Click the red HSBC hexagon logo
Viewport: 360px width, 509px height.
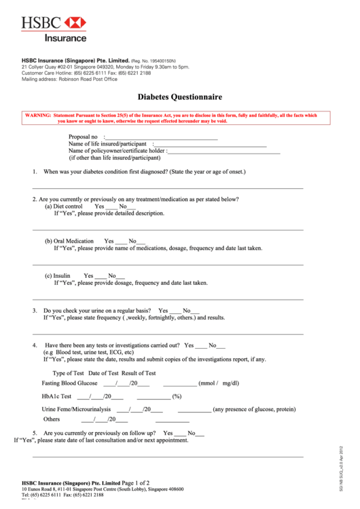75,23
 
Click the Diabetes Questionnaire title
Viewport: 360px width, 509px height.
180,97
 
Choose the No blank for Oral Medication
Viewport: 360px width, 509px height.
142,241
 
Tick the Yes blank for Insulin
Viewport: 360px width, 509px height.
101,276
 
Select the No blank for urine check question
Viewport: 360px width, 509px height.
195,311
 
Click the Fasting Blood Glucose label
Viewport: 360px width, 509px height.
69,383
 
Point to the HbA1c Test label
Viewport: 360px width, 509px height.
56,396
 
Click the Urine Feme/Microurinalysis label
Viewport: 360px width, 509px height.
76,409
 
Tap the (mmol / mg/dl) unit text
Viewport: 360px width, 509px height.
219,383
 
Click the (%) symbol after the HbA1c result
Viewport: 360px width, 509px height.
177,396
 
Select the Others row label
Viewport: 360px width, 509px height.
52,419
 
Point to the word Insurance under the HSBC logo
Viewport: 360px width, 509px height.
66,38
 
